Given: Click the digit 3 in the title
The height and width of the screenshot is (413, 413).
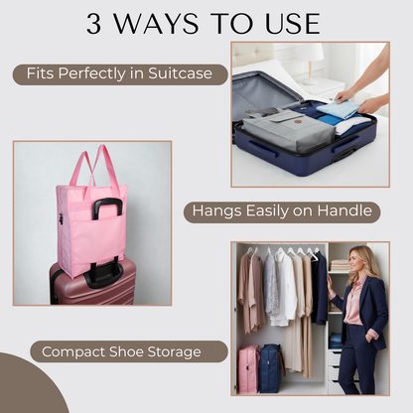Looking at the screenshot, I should [95, 23].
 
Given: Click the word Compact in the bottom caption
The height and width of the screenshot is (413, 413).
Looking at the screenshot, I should [73, 351].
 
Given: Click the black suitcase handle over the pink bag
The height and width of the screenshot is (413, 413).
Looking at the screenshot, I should [107, 207].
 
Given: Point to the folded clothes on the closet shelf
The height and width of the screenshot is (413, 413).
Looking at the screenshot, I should [341, 265].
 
